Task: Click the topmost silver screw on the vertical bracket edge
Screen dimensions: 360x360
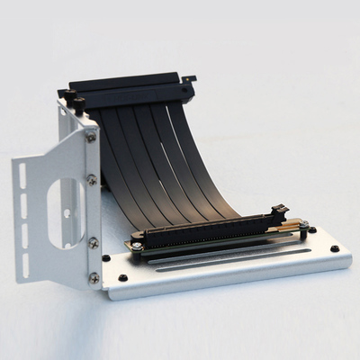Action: (x=91, y=137)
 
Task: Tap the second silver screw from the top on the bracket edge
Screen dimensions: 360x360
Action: (x=92, y=180)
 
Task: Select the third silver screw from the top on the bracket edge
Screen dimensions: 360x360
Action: (x=93, y=243)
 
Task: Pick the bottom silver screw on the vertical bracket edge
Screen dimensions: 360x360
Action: (x=94, y=278)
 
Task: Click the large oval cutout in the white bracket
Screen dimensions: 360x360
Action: (x=66, y=212)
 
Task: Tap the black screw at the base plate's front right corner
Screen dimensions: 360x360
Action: (x=335, y=249)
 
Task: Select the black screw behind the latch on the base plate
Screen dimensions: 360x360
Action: (x=311, y=229)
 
